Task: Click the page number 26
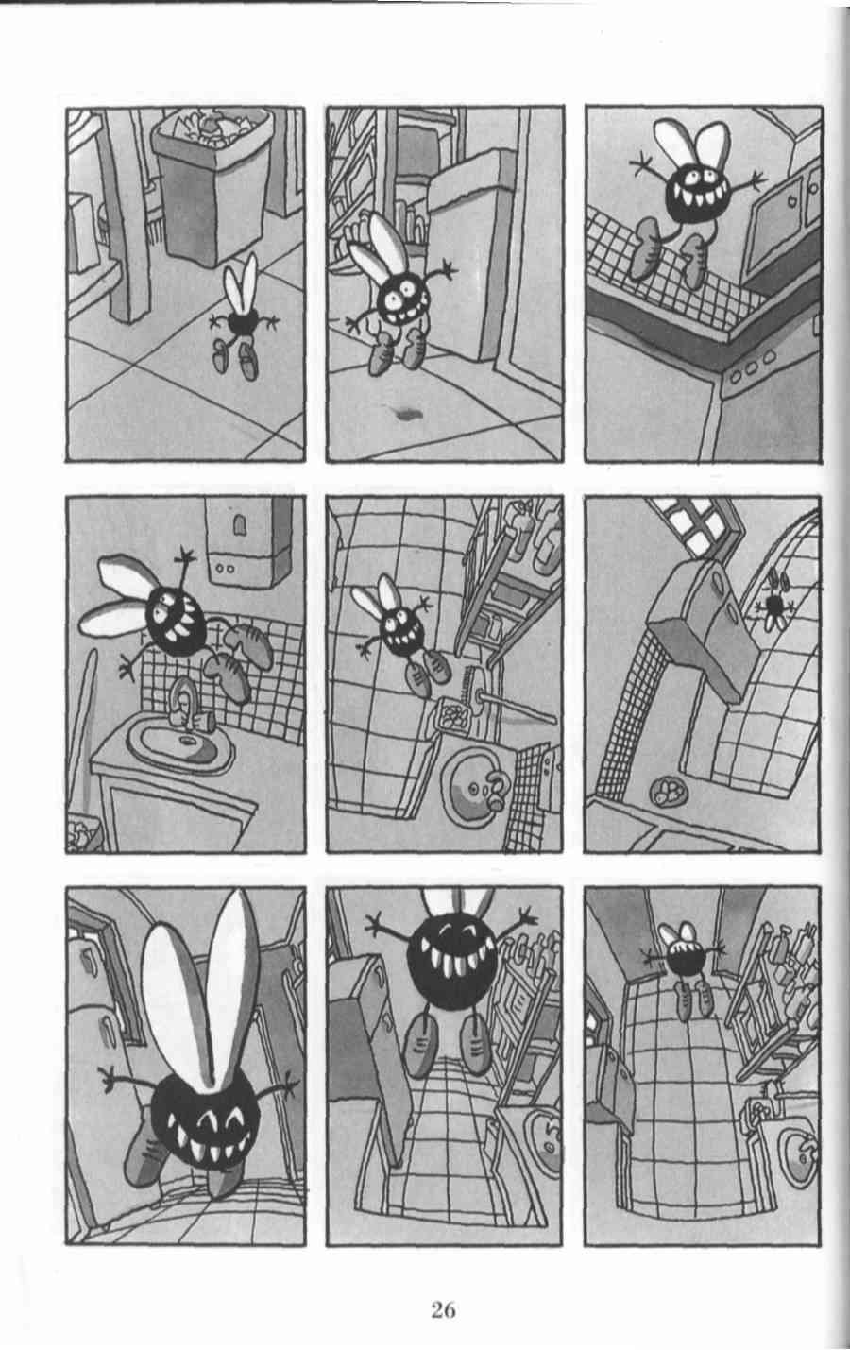pos(443,1309)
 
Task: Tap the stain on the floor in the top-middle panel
pos(406,413)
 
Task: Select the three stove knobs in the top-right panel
pos(751,366)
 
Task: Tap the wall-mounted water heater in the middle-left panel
pos(248,539)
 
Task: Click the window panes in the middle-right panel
pos(693,523)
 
